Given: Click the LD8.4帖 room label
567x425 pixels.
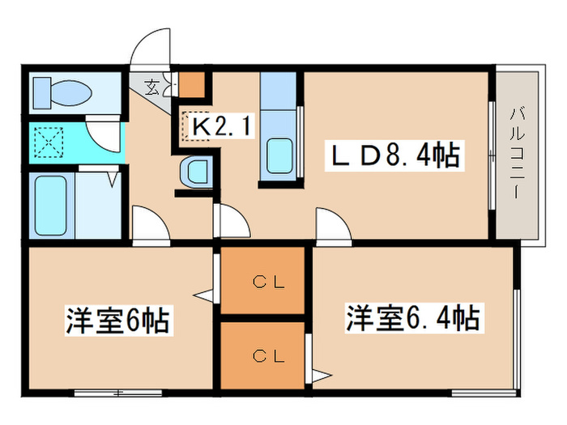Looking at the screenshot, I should point(394,155).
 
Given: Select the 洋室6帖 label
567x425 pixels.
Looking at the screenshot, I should point(117,321).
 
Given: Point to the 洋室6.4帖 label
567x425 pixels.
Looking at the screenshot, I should point(413,317).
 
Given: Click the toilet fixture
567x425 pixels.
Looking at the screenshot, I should point(56,93).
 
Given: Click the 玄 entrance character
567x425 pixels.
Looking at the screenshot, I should point(152,84).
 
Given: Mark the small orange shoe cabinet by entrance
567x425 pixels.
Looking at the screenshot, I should point(192,84).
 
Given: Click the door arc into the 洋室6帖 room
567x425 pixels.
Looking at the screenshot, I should point(148,223).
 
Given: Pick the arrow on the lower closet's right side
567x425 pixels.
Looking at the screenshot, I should point(322,376).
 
